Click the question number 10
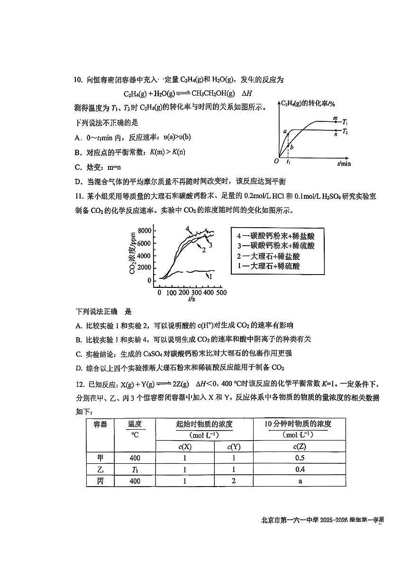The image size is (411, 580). click(x=79, y=80)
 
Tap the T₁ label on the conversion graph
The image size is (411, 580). click(x=347, y=121)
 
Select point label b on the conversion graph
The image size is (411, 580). click(x=292, y=147)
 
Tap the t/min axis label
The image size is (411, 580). click(x=344, y=164)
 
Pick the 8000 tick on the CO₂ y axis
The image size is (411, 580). click(x=144, y=231)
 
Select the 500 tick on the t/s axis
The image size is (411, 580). click(x=221, y=293)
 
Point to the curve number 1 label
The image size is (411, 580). click(x=210, y=275)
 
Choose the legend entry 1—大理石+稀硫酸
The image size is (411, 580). click(x=268, y=267)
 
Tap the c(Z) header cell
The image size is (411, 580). click(x=299, y=446)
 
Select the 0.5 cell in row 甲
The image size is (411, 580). click(x=299, y=458)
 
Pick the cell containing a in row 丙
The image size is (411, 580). click(x=299, y=481)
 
